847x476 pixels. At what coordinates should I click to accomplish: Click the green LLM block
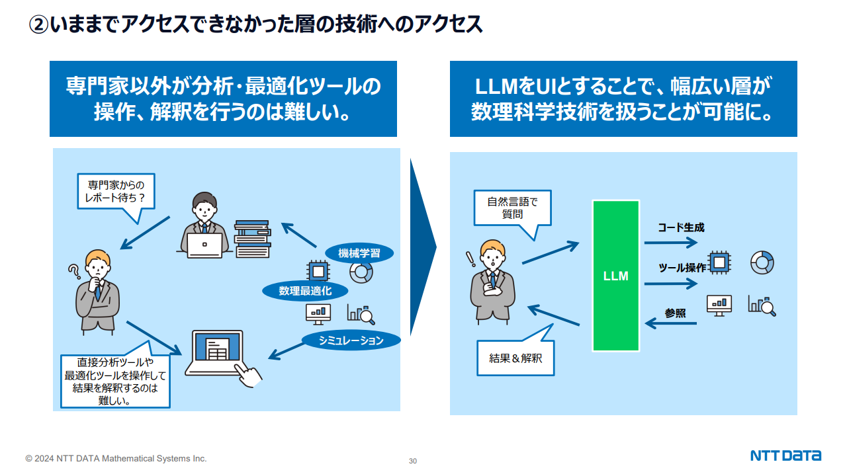pos(615,276)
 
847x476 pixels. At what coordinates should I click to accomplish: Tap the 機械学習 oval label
pos(359,253)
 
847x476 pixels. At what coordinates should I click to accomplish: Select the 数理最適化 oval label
pos(305,291)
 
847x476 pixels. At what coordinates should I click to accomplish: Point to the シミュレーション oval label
pos(351,340)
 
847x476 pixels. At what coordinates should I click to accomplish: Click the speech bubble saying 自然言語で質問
pos(512,208)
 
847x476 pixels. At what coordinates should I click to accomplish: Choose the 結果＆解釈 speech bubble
pos(515,358)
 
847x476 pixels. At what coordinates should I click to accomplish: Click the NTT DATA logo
pos(785,456)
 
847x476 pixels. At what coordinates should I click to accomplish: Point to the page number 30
pos(412,461)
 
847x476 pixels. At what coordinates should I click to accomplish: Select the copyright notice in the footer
pos(116,458)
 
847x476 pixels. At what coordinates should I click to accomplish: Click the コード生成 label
pos(681,227)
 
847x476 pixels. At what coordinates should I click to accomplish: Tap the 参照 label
pos(675,313)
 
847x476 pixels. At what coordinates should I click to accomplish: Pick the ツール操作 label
pos(682,268)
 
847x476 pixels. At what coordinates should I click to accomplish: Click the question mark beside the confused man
pos(74,271)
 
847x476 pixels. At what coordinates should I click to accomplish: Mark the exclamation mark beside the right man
pos(470,259)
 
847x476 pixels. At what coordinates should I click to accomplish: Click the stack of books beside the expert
pos(253,239)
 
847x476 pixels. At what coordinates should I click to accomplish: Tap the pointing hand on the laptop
pos(248,376)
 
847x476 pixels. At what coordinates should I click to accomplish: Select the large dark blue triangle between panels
pos(422,247)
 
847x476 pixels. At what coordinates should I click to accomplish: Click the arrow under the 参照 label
pos(670,323)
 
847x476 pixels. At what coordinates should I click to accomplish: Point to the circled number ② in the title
pos(39,24)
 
